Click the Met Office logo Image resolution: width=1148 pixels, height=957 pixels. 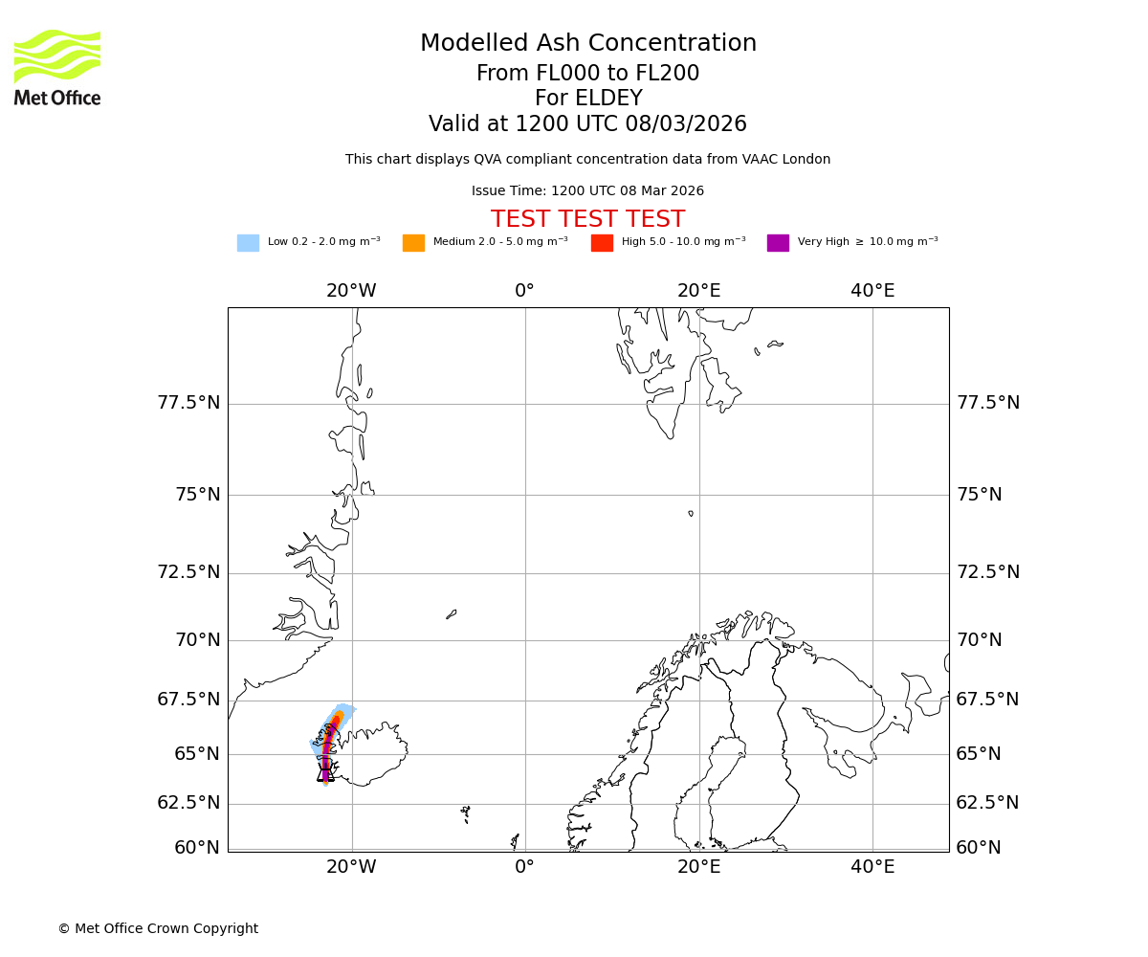click(57, 67)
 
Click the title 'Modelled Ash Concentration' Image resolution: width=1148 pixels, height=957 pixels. click(588, 44)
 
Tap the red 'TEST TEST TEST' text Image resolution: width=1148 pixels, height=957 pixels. click(587, 220)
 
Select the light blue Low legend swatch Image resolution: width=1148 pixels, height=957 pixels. click(248, 243)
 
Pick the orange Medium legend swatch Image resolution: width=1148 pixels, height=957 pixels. click(413, 243)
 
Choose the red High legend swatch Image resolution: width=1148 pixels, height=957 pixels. click(602, 243)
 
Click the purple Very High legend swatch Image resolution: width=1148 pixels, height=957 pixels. click(778, 243)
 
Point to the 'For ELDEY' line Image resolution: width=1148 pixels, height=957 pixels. click(588, 99)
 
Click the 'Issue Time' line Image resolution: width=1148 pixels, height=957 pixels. click(587, 191)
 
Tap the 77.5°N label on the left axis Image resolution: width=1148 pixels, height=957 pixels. click(188, 403)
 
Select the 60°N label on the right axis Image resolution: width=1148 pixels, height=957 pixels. click(978, 848)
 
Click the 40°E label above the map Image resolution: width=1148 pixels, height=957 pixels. click(872, 291)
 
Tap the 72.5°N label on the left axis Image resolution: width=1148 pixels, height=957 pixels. click(188, 572)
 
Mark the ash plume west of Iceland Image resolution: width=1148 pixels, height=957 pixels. click(328, 742)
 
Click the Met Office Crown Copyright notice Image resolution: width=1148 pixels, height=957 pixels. click(158, 929)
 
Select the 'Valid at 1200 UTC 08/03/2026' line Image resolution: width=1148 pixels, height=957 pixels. click(587, 124)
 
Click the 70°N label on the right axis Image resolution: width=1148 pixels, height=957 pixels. click(978, 640)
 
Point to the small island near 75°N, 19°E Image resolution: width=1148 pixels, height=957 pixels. click(691, 514)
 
